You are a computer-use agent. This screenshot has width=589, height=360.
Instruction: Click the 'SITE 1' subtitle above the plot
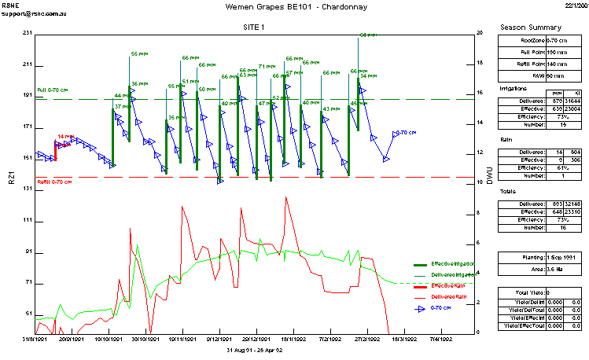pyautogui.click(x=256, y=27)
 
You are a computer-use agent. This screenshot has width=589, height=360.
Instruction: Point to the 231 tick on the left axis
pyautogui.click(x=28, y=33)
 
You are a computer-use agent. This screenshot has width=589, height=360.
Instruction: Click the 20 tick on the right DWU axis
pyautogui.click(x=479, y=33)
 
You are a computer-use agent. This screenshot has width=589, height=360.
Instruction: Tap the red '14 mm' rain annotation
pyautogui.click(x=66, y=137)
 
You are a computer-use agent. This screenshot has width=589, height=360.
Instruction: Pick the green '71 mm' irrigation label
pyautogui.click(x=267, y=67)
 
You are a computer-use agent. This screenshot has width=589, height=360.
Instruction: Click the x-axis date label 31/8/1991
pyautogui.click(x=35, y=340)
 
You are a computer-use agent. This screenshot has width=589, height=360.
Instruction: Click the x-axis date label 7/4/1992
pyautogui.click(x=439, y=340)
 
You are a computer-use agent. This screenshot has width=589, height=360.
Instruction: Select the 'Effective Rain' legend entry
pyautogui.click(x=447, y=285)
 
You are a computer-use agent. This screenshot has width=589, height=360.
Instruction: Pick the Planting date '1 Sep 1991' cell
pyautogui.click(x=561, y=257)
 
